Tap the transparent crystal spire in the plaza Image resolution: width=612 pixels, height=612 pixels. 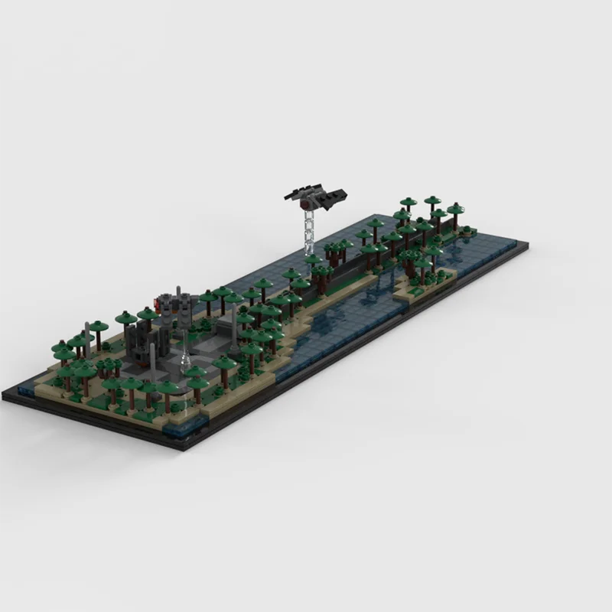click(184, 355)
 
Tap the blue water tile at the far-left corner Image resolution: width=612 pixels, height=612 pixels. click(27, 389)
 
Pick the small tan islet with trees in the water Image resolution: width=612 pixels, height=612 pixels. click(421, 279)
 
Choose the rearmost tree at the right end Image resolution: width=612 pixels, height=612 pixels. click(434, 203)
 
